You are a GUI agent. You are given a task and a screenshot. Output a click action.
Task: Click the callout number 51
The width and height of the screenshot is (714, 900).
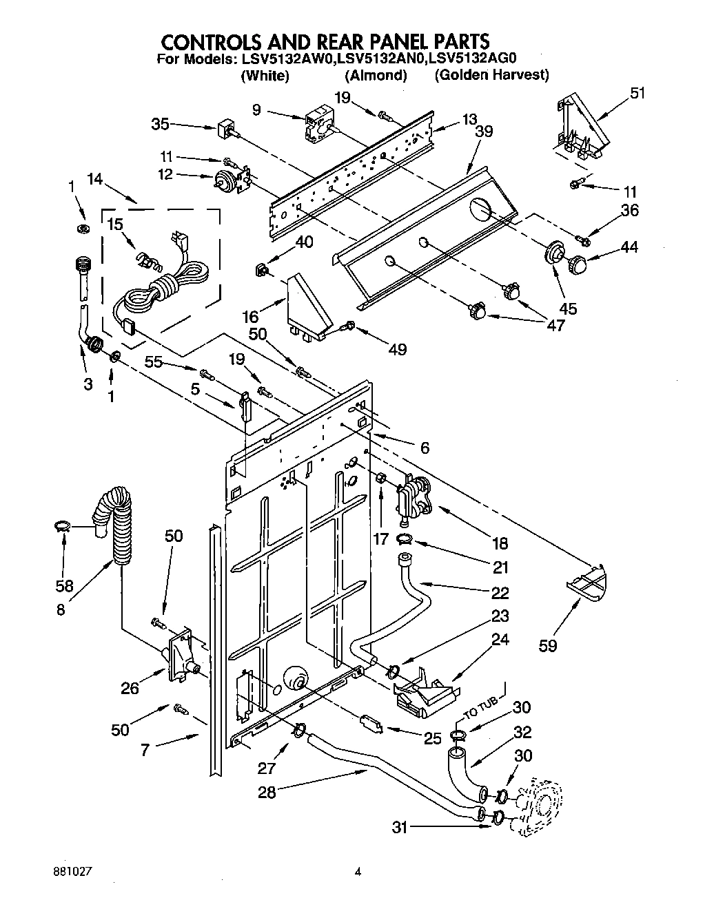tap(638, 93)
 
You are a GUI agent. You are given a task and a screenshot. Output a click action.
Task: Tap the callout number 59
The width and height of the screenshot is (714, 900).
tap(549, 645)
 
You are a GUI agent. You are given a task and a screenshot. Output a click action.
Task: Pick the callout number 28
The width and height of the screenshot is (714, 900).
tap(267, 792)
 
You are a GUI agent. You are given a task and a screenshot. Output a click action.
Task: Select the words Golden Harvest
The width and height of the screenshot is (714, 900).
tap(491, 76)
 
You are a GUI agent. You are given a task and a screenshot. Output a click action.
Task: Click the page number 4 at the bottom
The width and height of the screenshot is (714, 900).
tap(357, 871)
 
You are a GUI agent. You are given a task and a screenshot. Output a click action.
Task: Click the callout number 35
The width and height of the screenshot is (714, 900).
tap(160, 125)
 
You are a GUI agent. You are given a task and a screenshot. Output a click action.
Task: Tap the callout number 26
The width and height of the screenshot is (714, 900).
tap(130, 687)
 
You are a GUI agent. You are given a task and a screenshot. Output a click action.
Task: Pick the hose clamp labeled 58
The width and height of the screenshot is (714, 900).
tap(63, 528)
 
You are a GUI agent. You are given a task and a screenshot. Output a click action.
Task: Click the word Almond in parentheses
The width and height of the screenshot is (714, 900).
tap(376, 76)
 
